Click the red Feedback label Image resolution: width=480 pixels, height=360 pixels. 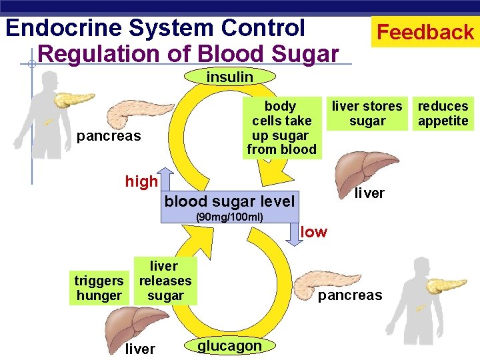coord(425,32)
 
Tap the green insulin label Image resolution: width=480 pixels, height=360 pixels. coord(229,77)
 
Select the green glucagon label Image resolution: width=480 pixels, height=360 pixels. coord(229,345)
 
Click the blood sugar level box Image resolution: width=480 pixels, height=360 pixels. coord(229,201)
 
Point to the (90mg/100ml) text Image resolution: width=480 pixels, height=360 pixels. coord(229,217)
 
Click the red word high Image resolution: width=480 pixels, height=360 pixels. coord(141,181)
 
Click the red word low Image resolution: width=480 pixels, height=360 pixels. coord(314,232)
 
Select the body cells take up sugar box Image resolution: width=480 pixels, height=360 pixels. coord(281,127)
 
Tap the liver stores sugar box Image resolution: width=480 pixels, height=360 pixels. coord(367,113)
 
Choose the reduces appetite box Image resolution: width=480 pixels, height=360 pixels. coord(443,113)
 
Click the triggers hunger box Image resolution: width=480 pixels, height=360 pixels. coord(99,289)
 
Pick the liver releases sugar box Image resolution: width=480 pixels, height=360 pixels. coord(165,281)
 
